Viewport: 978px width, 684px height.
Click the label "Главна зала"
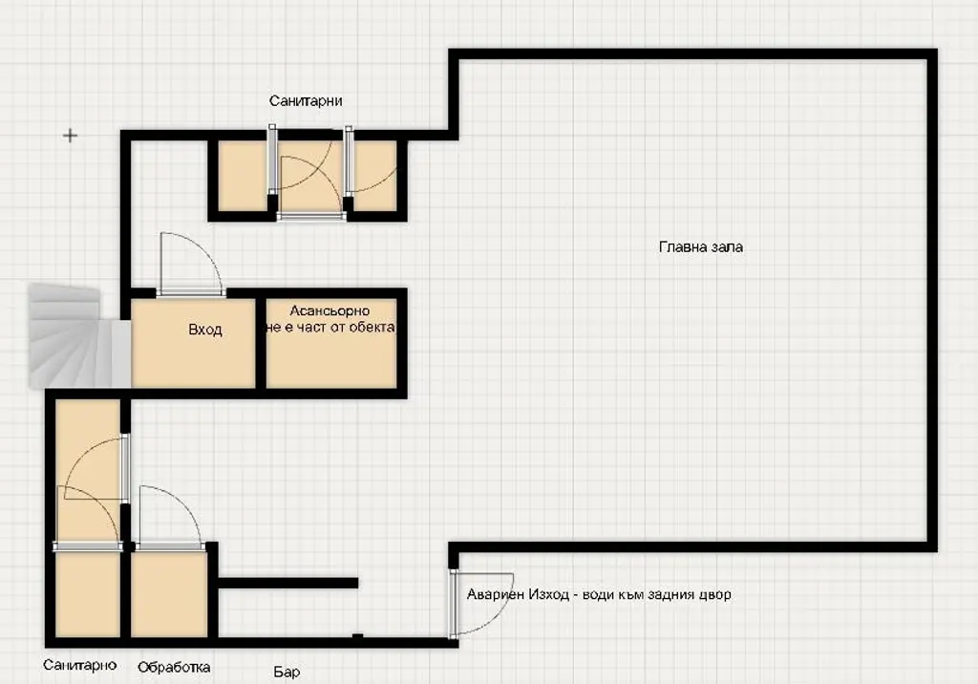(x=700, y=247)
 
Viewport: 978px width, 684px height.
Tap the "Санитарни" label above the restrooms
(x=306, y=101)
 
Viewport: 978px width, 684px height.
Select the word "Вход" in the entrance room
(x=205, y=330)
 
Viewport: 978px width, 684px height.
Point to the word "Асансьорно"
(x=330, y=310)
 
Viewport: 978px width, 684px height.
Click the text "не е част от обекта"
(x=330, y=327)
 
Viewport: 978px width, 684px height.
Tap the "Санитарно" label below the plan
(x=80, y=665)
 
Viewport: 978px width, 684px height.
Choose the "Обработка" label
(x=174, y=667)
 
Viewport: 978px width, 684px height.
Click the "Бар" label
(x=287, y=672)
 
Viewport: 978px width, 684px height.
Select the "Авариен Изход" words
(x=518, y=594)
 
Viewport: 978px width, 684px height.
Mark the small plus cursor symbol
(x=71, y=135)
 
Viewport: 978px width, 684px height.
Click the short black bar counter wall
(x=288, y=583)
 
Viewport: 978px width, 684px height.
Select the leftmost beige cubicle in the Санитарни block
(x=243, y=176)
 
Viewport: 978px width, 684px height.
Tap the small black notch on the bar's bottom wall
(x=357, y=636)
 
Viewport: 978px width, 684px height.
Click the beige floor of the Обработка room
(x=169, y=595)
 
